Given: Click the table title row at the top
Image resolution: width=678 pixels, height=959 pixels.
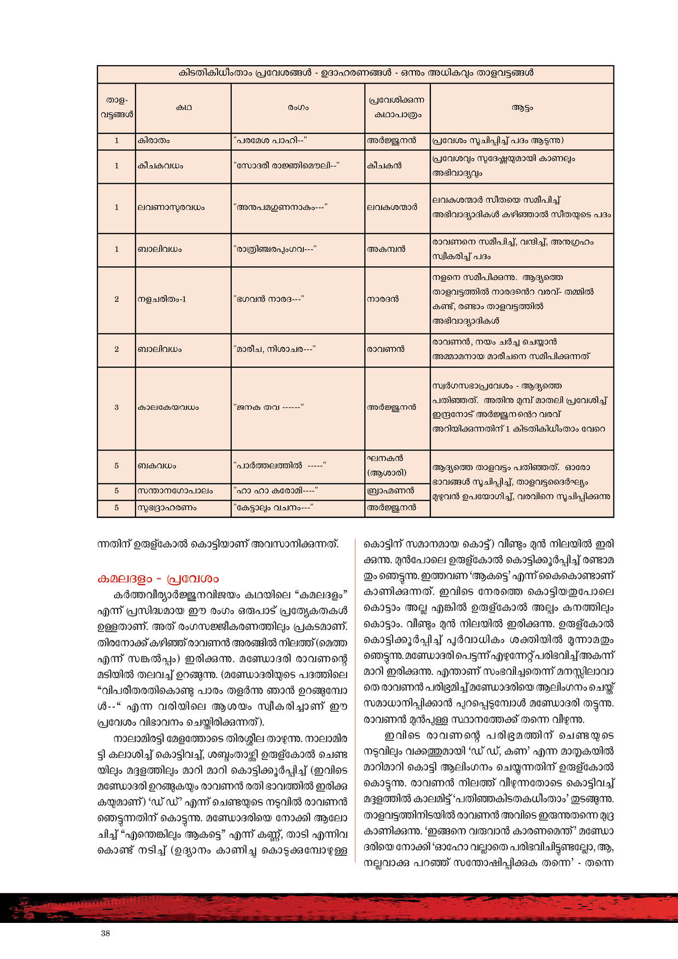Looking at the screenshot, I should click(x=355, y=73).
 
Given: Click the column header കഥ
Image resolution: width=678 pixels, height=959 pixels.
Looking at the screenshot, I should click(x=184, y=108).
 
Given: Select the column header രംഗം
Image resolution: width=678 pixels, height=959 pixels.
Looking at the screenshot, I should click(x=298, y=108).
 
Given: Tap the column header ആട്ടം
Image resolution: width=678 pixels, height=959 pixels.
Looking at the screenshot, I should click(x=522, y=108).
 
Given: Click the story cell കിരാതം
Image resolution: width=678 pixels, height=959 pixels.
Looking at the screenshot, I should click(x=154, y=141).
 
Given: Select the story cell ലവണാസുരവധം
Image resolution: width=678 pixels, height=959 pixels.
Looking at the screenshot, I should click(x=171, y=208).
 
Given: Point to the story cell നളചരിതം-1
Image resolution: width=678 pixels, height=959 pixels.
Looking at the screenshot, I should click(x=162, y=299).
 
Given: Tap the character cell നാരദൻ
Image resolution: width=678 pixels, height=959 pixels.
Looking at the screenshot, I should click(x=383, y=299).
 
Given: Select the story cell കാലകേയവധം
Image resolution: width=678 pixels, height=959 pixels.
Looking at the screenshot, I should click(x=168, y=407).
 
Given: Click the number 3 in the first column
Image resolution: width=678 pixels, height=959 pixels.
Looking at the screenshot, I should click(x=116, y=407).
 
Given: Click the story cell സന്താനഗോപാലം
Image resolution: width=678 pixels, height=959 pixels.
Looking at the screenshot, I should click(x=175, y=491).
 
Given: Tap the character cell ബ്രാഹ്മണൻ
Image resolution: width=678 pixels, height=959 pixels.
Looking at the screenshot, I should click(x=390, y=491).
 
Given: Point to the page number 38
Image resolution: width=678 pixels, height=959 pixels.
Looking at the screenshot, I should click(x=106, y=933).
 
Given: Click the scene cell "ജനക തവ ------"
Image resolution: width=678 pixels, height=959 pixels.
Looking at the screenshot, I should click(x=268, y=407).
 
